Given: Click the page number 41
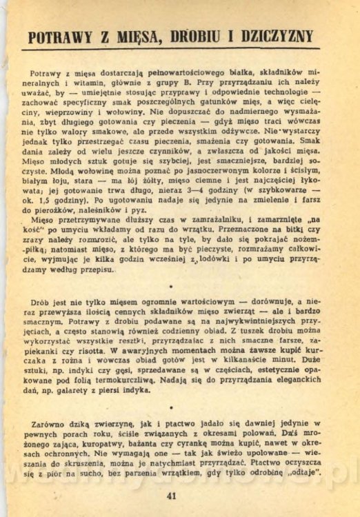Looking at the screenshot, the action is (x=172, y=494).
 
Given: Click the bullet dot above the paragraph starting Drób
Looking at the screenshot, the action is (x=170, y=285).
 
